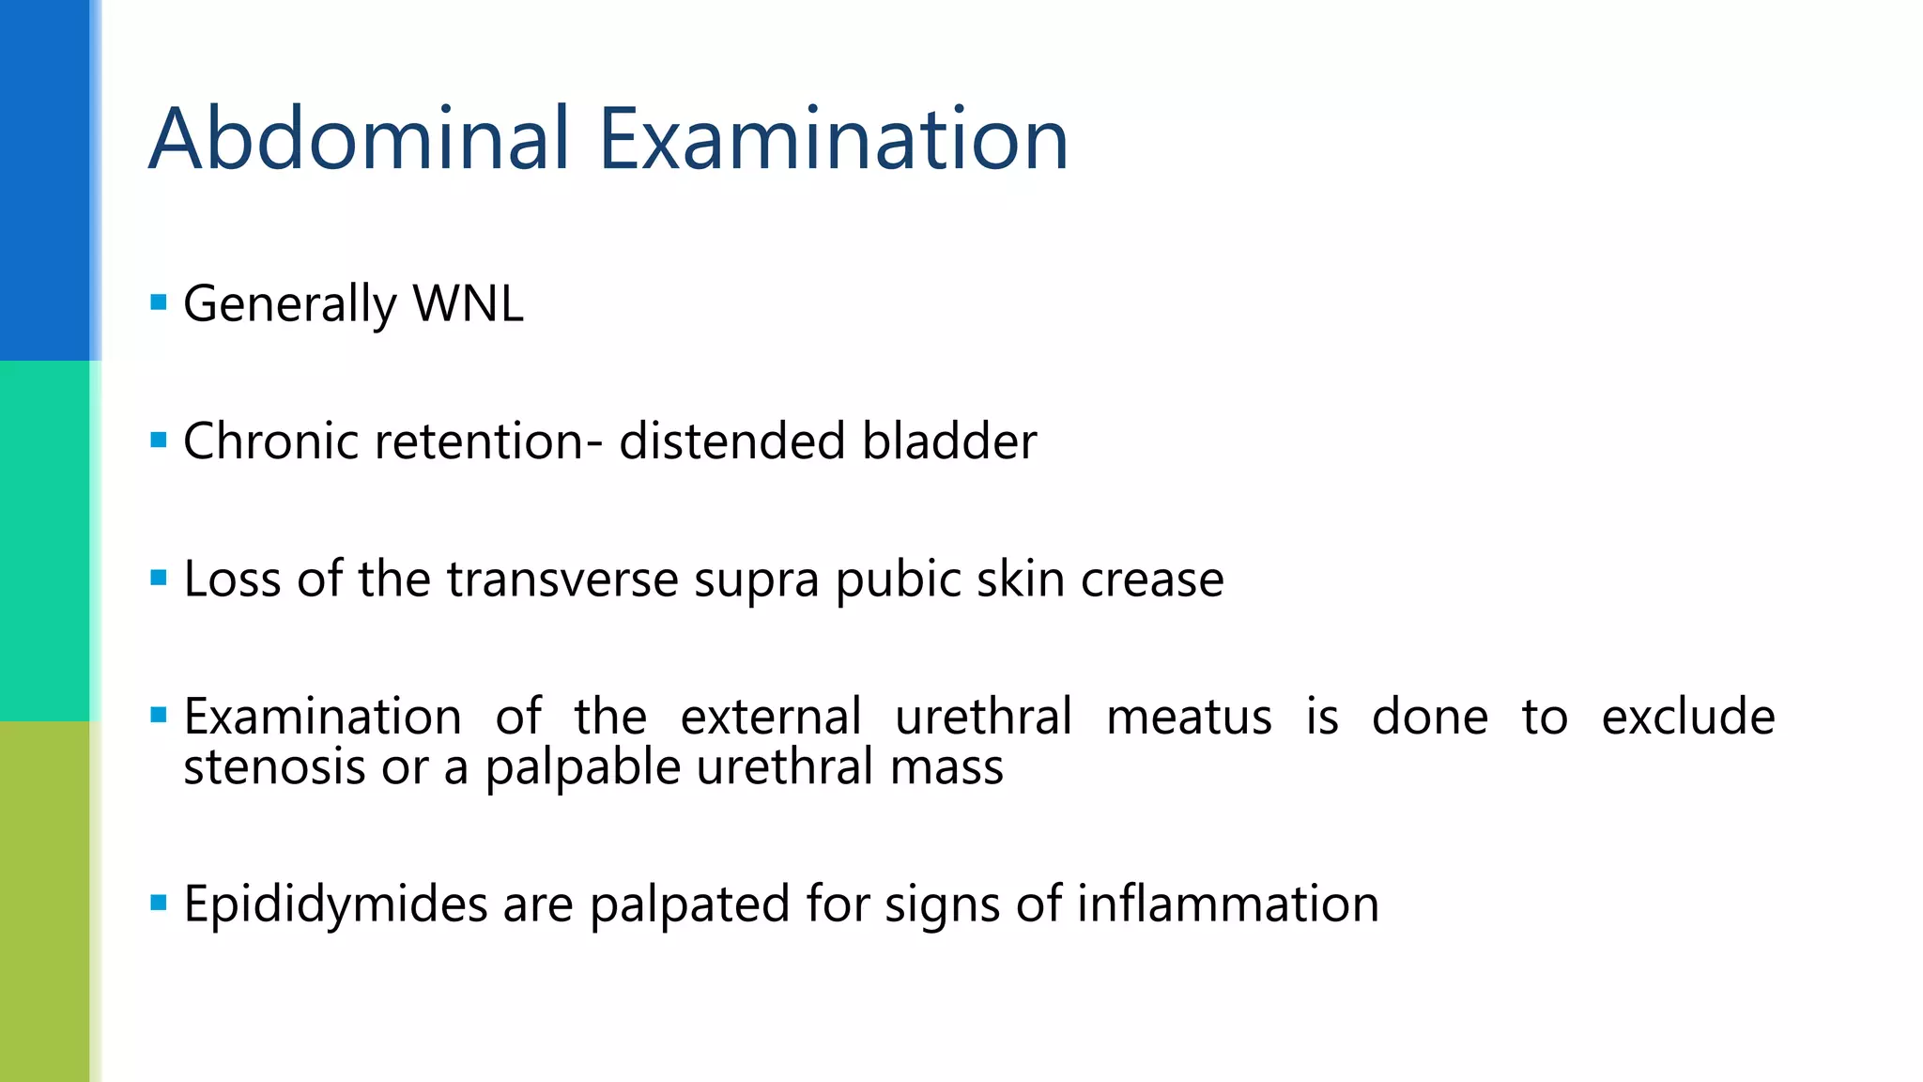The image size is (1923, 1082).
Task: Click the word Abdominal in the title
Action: (360, 139)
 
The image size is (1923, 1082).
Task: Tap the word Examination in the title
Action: (833, 139)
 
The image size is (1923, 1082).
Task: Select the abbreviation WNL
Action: (468, 303)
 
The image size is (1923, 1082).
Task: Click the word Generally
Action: (290, 305)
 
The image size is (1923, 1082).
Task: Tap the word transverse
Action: (562, 579)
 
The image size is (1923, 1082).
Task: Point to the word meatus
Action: (1189, 717)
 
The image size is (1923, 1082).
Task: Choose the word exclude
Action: (1687, 717)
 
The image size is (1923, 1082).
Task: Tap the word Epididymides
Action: (335, 904)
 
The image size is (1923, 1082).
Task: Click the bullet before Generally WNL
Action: (159, 302)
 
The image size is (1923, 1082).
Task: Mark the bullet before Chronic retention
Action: (159, 440)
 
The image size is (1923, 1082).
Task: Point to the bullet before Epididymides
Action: (159, 904)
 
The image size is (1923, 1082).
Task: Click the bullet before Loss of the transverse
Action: (159, 578)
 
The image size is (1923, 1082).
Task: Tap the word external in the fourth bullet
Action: (771, 717)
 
